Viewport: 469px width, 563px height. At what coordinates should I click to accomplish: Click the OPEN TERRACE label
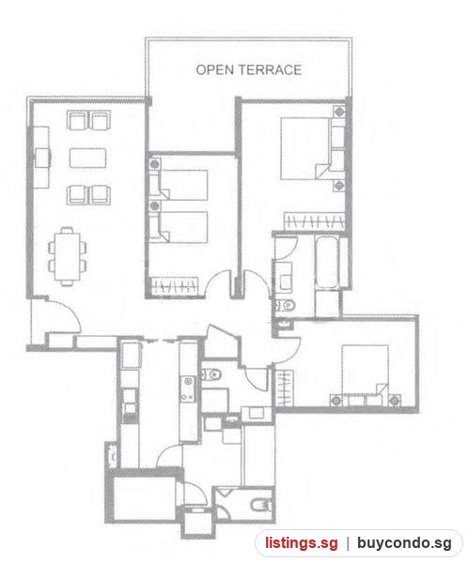[x=248, y=69]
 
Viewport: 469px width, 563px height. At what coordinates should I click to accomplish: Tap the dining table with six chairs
[x=68, y=256]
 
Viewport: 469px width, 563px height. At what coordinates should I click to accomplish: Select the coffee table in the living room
[x=88, y=158]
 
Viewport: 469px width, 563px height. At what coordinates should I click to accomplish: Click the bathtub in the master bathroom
[x=326, y=263]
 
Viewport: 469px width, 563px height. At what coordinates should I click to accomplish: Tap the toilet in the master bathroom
[x=286, y=306]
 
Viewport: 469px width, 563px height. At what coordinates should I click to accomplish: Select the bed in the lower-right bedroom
[x=365, y=374]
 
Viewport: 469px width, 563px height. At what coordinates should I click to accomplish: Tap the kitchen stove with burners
[x=187, y=388]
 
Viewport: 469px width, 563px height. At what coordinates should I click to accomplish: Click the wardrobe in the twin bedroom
[x=175, y=286]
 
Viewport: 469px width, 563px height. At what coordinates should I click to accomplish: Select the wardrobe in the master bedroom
[x=314, y=221]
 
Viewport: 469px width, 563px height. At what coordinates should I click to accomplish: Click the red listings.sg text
[x=302, y=543]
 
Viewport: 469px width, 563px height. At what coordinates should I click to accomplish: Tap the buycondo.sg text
[x=404, y=543]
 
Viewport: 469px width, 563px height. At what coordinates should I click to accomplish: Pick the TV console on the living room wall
[x=41, y=158]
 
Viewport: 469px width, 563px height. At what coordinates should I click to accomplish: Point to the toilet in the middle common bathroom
[x=211, y=374]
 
